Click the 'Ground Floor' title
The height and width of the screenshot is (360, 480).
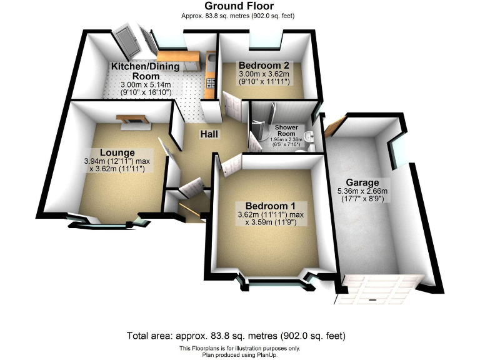239,6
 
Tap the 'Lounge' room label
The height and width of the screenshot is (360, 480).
117,152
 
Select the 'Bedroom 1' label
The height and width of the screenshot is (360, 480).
271,206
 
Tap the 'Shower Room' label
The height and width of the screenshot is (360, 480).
286,131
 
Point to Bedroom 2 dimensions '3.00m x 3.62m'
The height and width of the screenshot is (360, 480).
263,74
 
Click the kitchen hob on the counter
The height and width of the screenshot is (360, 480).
209,82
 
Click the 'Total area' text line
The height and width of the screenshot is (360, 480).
239,336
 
